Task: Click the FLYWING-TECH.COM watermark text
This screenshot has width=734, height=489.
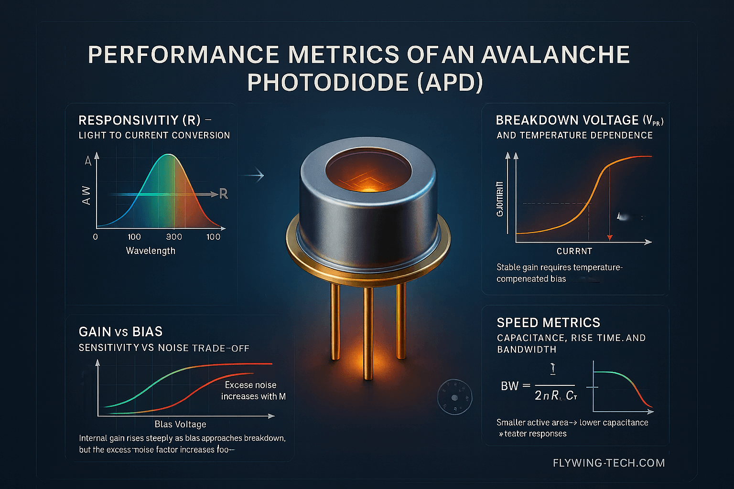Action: click(608, 463)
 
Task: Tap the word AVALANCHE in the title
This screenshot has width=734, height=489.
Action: click(555, 55)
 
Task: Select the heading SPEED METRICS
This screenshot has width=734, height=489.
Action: click(548, 323)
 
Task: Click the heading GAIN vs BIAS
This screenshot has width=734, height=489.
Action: click(120, 332)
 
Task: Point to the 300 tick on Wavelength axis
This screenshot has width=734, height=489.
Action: click(174, 237)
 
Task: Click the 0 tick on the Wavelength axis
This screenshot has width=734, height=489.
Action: click(96, 237)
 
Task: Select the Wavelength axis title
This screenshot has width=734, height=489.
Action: click(151, 251)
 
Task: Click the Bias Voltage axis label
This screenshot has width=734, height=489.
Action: click(180, 424)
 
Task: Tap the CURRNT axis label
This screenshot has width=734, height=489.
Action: click(574, 251)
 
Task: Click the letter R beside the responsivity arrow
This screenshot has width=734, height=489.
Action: click(223, 194)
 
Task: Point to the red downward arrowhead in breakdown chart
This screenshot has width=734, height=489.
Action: click(610, 237)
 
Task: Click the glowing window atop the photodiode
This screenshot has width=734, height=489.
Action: click(368, 173)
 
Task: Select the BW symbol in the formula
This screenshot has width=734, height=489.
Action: click(509, 386)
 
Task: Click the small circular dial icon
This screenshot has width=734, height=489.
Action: click(454, 397)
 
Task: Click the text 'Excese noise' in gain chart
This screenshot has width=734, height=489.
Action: click(250, 385)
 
